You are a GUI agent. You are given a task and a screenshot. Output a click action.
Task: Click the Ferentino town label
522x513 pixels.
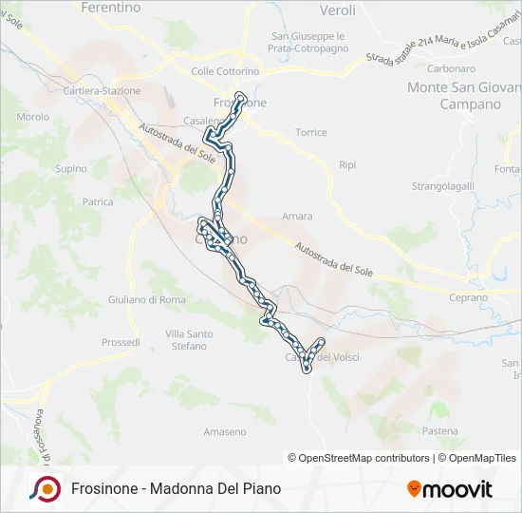click(x=111, y=8)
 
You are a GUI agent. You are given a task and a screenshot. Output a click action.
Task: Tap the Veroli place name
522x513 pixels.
click(x=338, y=10)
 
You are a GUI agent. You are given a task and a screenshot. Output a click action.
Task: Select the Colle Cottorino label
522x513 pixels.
click(x=226, y=71)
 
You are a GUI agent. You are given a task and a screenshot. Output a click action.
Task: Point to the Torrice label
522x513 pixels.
click(x=310, y=132)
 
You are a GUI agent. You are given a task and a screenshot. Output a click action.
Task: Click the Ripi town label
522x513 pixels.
click(x=347, y=164)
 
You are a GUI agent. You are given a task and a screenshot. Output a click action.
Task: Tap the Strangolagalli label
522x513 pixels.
click(x=442, y=186)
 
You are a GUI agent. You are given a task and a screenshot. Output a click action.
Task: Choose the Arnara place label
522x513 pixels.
click(x=297, y=217)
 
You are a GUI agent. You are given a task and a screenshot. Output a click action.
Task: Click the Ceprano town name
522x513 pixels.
click(x=468, y=297)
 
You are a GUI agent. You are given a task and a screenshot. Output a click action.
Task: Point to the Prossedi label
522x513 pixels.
click(x=121, y=342)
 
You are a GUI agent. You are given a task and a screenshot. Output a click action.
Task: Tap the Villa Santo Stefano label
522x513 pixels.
click(x=188, y=340)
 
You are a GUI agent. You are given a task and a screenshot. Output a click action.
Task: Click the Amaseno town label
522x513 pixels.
click(x=224, y=431)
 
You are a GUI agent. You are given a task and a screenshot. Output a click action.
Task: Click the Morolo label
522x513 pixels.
click(x=33, y=117)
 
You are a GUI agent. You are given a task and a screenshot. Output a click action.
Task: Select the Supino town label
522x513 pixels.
click(x=70, y=169)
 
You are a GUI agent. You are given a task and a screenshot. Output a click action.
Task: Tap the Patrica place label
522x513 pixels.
click(x=98, y=201)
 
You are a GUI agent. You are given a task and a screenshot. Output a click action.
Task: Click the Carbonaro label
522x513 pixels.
click(x=451, y=68)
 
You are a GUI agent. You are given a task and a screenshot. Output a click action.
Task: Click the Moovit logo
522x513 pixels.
click(x=450, y=489)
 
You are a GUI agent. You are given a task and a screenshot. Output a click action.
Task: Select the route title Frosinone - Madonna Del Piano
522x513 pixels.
click(x=176, y=489)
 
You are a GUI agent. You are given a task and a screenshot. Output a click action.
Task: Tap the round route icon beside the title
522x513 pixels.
click(x=45, y=488)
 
